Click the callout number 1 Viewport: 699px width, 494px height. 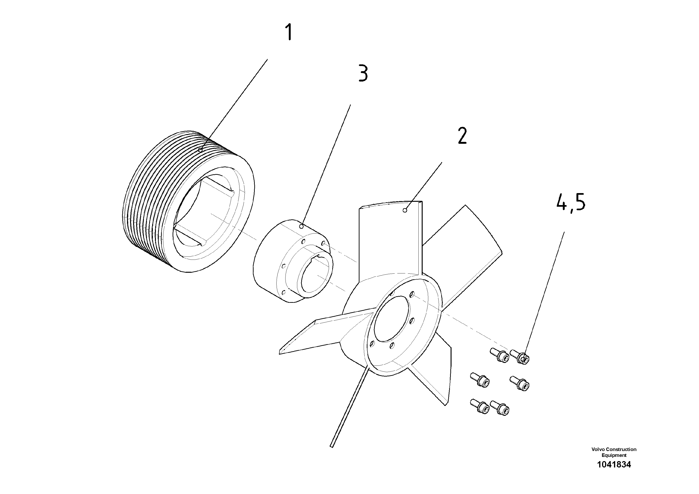(289, 33)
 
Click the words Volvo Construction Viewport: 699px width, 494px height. (614, 449)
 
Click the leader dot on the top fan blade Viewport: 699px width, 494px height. (405, 210)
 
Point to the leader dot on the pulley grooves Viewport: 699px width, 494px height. (200, 150)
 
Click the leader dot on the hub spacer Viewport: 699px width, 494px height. (301, 226)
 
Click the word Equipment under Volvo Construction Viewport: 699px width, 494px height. (614, 455)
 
